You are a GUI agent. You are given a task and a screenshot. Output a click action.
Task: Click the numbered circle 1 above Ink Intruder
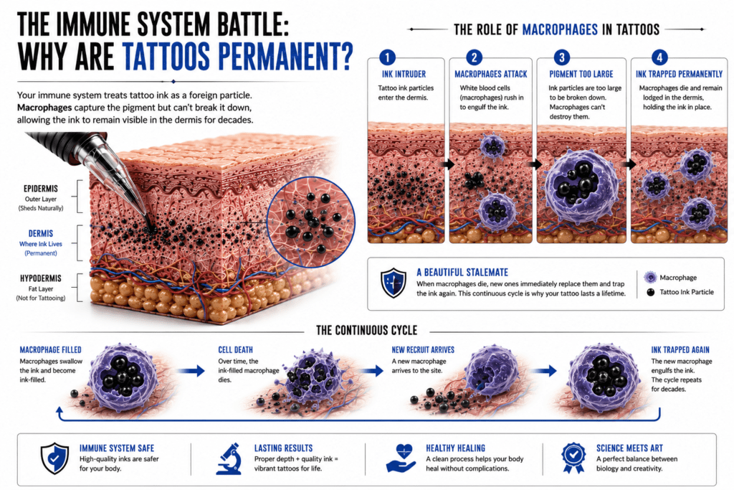pyautogui.click(x=387, y=57)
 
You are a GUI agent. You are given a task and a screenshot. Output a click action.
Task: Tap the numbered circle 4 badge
pyautogui.click(x=659, y=57)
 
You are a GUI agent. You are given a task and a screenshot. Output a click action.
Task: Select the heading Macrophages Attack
pyautogui.click(x=490, y=74)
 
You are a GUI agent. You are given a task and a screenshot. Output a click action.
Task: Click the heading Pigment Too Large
pyautogui.click(x=581, y=74)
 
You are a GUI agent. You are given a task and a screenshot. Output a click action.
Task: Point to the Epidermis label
pyautogui.click(x=41, y=188)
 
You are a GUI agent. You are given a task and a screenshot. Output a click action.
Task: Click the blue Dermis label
pyautogui.click(x=41, y=233)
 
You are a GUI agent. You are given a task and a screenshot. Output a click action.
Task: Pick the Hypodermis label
pyautogui.click(x=41, y=278)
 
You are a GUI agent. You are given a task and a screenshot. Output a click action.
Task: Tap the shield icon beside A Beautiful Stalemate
pyautogui.click(x=394, y=283)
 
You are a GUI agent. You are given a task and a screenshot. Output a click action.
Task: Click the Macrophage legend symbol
pyautogui.click(x=650, y=278)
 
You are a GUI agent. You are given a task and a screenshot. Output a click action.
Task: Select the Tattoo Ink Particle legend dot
pyautogui.click(x=650, y=292)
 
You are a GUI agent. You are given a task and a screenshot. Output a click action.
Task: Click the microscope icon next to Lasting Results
pyautogui.click(x=230, y=459)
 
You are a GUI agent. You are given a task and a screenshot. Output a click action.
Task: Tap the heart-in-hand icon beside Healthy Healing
pyautogui.click(x=401, y=458)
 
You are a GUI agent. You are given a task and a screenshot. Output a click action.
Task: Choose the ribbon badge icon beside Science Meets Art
pyautogui.click(x=573, y=458)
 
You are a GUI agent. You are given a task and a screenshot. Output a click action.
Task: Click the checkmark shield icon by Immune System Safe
pyautogui.click(x=54, y=458)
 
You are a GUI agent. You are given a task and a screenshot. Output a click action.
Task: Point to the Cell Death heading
pyautogui.click(x=235, y=349)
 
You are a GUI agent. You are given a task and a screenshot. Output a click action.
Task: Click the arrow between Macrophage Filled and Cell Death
pyautogui.click(x=191, y=370)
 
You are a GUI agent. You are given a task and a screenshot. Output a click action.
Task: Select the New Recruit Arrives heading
pyautogui.click(x=423, y=349)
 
